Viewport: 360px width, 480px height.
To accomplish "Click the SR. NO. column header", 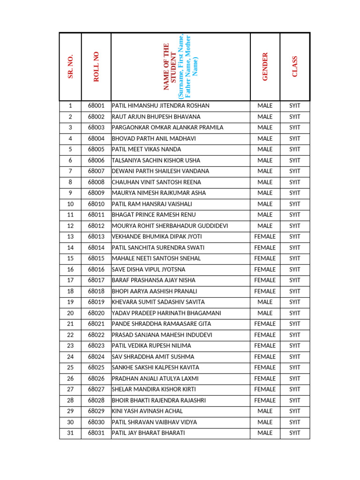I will click(70, 67).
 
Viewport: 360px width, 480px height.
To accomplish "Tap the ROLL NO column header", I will click(96, 67).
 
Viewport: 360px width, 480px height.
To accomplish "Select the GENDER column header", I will click(265, 67).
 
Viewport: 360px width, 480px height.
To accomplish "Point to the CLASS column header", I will click(295, 67).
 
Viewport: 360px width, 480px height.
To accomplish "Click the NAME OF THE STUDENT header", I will click(180, 67).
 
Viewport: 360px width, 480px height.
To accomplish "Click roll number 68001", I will click(96, 106).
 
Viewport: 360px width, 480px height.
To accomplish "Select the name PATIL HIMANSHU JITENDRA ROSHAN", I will click(161, 106).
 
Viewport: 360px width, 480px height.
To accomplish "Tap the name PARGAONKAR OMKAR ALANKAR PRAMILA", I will click(167, 127).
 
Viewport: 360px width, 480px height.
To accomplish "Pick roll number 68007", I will click(96, 171).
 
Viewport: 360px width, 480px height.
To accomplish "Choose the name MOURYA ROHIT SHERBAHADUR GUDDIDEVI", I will click(170, 226).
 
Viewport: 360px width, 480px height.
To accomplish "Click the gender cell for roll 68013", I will click(265, 237).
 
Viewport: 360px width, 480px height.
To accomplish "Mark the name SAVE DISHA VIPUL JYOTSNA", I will click(149, 270).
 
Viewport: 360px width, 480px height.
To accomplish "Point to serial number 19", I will click(70, 302).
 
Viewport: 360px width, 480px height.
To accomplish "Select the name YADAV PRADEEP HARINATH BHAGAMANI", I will click(166, 313).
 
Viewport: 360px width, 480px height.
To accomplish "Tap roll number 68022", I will click(96, 335).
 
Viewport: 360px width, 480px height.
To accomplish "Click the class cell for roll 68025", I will click(295, 367).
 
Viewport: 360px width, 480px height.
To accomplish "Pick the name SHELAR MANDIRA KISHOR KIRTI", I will click(154, 390).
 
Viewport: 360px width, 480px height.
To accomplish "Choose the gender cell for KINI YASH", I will click(265, 411).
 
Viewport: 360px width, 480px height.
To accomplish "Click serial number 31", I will click(70, 433).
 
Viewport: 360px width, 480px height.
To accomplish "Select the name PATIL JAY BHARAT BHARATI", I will click(149, 433).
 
